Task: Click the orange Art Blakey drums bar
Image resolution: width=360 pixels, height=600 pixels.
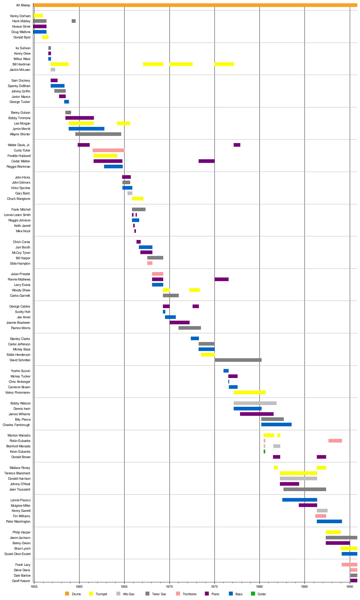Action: (195, 5)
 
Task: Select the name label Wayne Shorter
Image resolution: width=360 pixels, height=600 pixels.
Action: (20, 134)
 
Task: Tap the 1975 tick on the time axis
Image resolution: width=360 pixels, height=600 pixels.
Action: (214, 586)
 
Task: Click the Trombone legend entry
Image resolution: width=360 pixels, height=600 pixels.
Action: (189, 594)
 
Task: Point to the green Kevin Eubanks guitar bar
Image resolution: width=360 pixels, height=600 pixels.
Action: (264, 451)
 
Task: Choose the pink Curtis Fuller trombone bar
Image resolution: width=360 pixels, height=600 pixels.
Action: (108, 150)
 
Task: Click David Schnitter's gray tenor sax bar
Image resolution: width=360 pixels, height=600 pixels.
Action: (238, 360)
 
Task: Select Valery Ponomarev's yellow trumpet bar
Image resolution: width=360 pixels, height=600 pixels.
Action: (250, 392)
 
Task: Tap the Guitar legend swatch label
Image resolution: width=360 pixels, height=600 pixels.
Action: (262, 594)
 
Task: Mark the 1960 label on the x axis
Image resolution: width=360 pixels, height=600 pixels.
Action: (79, 586)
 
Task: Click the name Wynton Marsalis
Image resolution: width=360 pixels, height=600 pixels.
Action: (19, 435)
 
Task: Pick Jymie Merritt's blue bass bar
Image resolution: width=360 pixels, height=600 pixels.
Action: (86, 129)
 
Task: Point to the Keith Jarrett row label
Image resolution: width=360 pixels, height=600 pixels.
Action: (22, 226)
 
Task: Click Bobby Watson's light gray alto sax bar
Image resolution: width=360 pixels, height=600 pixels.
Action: (255, 403)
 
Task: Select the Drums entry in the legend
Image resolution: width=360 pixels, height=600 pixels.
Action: (76, 594)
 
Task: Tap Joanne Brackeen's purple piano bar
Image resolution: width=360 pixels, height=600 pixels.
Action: (179, 322)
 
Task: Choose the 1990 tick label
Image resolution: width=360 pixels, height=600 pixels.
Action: (349, 586)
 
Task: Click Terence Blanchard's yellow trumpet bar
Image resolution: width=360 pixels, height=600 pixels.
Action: (298, 473)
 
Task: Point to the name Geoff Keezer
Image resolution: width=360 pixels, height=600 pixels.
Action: (21, 581)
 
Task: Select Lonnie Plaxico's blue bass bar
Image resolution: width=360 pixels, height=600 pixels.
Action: (299, 500)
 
